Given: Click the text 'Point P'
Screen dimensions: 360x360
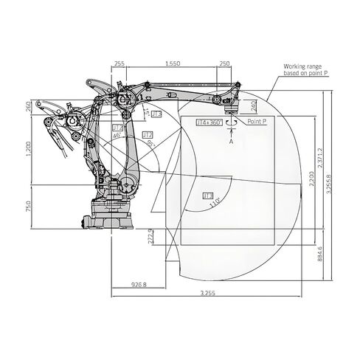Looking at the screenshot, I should [257, 120].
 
